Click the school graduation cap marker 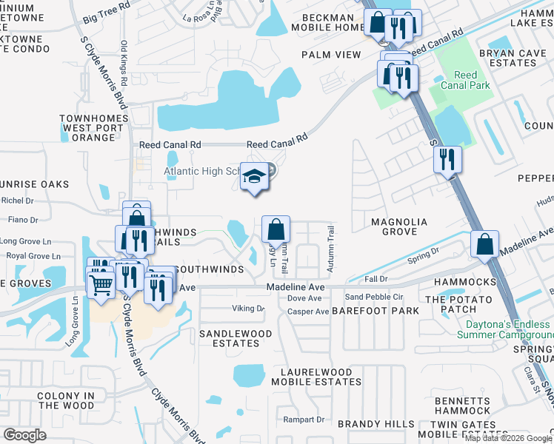coord(254,178)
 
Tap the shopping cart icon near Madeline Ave coord(101,281)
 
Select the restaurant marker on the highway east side coord(447,159)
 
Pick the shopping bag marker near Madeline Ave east coord(484,244)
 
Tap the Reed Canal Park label coord(465,80)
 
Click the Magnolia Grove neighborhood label coord(399,226)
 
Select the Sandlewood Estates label coord(236,338)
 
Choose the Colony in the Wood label coord(66,400)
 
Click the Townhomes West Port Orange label coord(93,127)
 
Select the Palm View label coord(331,55)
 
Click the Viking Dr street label coord(249,308)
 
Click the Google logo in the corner coord(24,434)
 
